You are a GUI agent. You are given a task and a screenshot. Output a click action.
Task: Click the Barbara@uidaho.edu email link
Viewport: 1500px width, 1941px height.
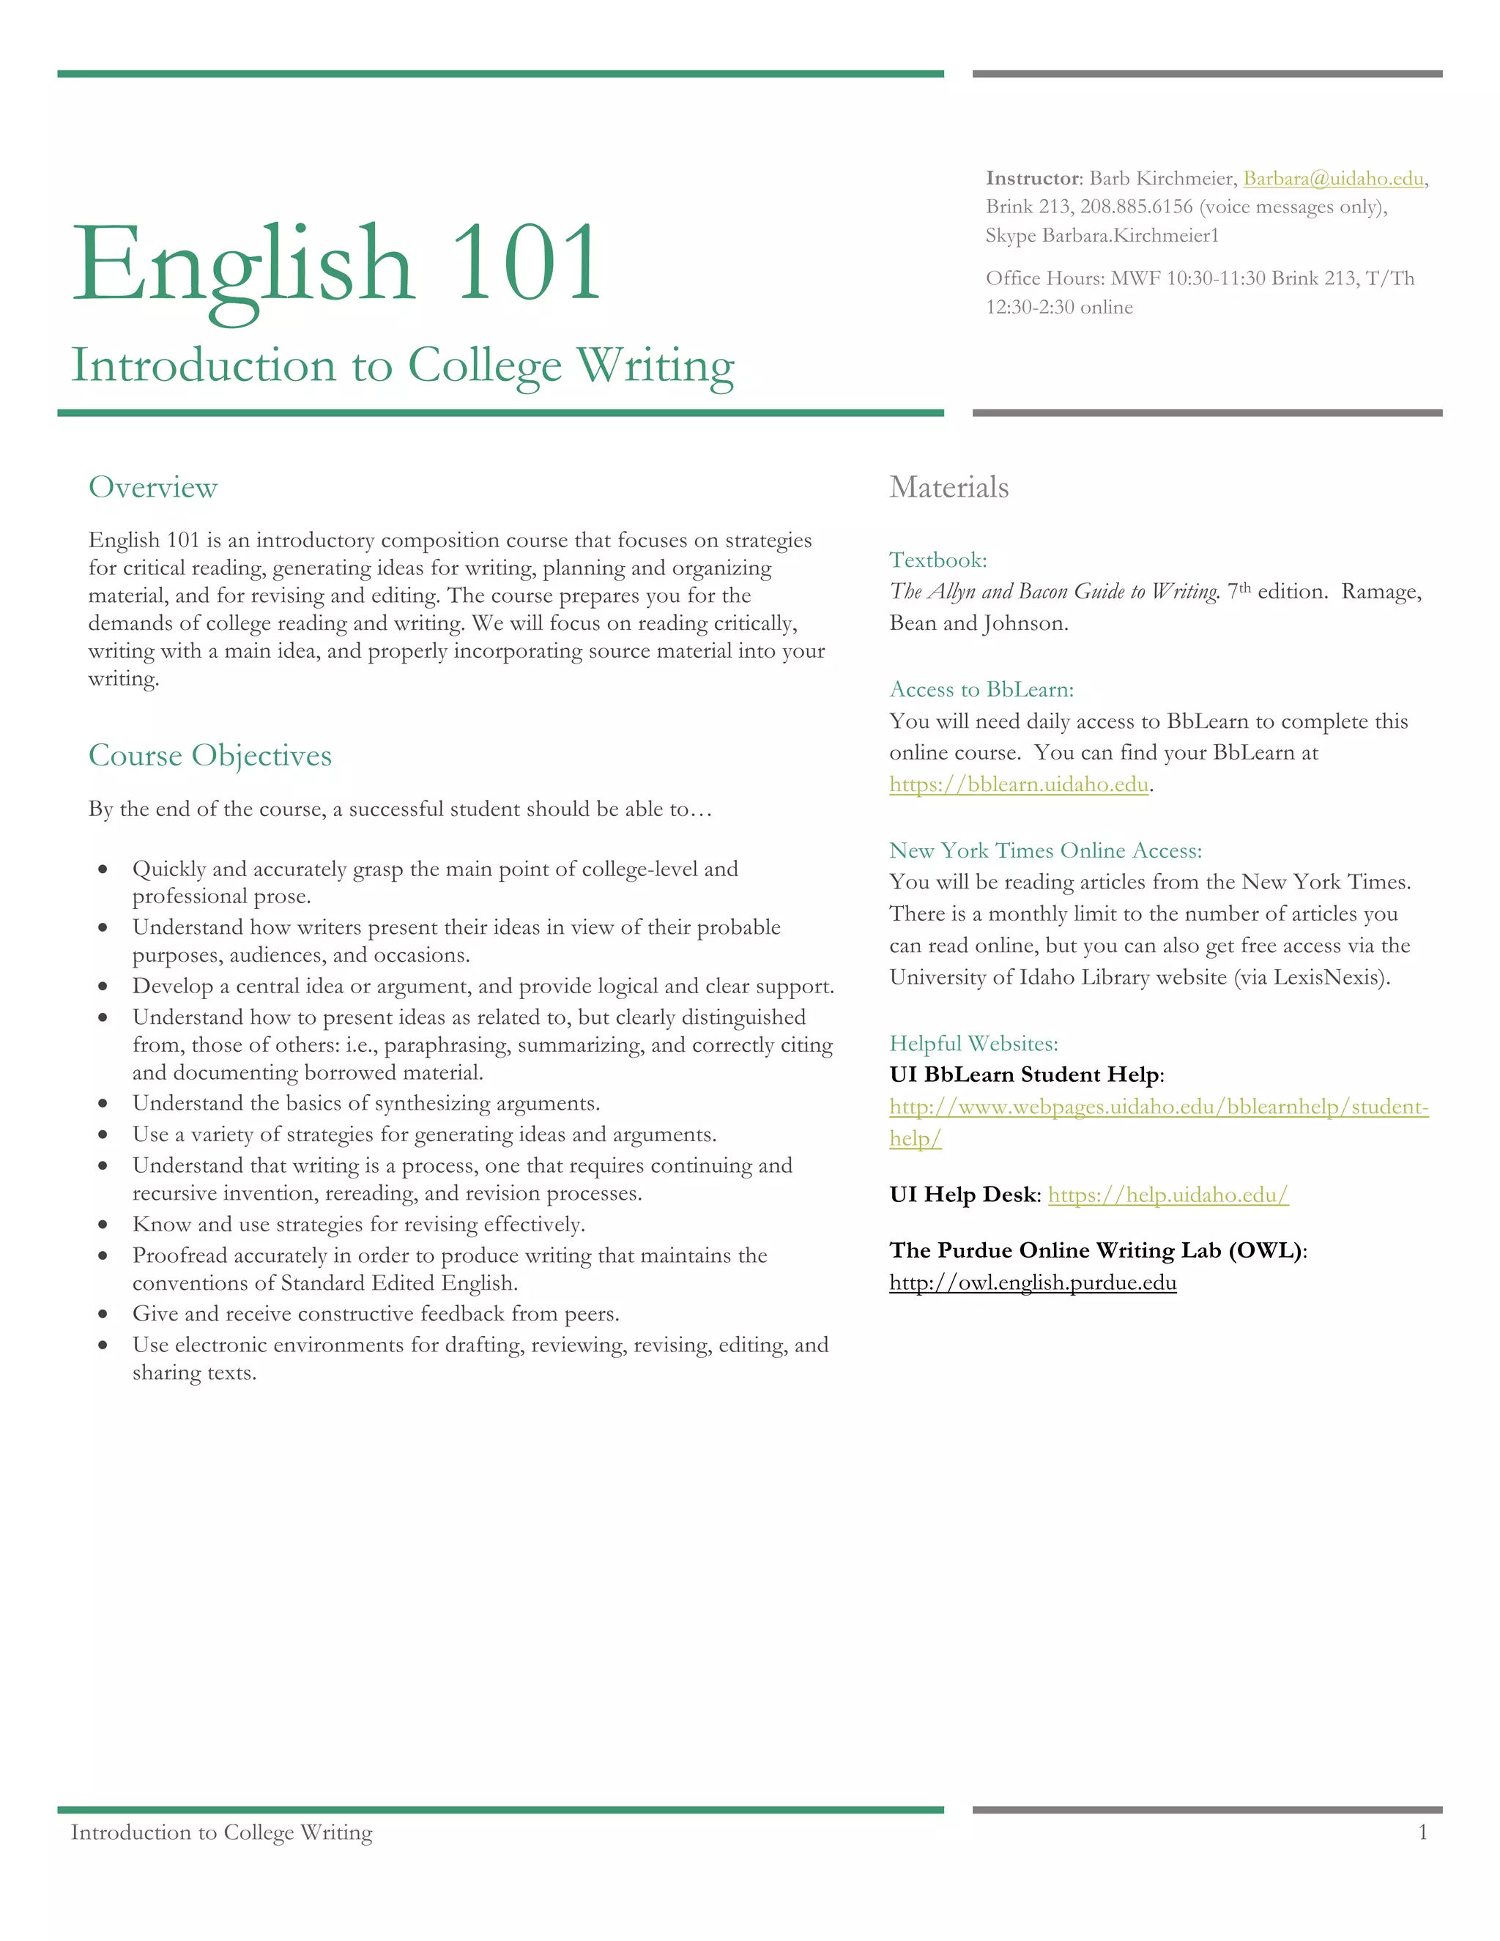(x=1333, y=179)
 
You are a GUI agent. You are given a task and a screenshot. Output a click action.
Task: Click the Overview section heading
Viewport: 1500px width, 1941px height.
(x=153, y=487)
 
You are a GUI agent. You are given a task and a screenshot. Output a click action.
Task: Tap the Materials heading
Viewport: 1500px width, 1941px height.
(x=949, y=487)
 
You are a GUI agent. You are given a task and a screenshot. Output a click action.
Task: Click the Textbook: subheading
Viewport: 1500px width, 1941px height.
(x=937, y=560)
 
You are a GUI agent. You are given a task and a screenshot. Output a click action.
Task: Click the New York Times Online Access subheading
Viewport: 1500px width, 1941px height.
(x=1045, y=850)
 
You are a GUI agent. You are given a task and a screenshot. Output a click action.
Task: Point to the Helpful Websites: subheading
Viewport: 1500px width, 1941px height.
(x=973, y=1043)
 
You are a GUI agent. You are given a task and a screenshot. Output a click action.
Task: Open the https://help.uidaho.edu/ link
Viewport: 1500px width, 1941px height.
(x=1167, y=1195)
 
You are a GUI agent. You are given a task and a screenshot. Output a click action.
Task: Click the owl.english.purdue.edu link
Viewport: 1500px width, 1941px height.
(x=1033, y=1283)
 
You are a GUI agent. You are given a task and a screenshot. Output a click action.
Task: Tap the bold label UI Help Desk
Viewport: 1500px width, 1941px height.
(x=962, y=1195)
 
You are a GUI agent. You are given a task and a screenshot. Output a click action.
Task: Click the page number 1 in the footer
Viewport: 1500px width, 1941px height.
(x=1422, y=1832)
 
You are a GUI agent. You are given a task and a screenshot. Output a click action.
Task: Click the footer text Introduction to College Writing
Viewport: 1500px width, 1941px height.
(x=221, y=1832)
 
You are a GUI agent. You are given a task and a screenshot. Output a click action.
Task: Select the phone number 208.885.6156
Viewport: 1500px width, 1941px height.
(x=1136, y=207)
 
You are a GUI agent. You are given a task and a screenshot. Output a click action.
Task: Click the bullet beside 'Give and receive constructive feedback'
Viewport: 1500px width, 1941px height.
(x=104, y=1315)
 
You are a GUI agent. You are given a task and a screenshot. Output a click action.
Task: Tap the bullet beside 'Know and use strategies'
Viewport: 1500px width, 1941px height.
(x=104, y=1225)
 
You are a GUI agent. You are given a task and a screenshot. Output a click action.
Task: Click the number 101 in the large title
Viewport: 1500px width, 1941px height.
(x=526, y=264)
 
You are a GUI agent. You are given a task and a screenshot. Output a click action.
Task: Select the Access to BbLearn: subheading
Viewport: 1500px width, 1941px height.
(x=981, y=690)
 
